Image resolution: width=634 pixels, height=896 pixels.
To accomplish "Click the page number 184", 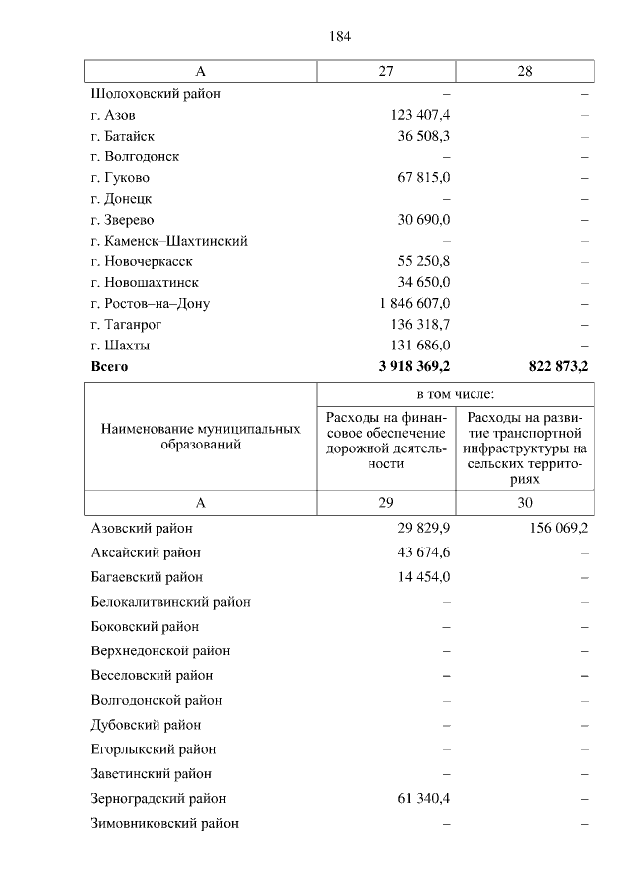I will [x=340, y=37].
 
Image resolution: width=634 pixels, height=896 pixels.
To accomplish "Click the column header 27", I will [x=386, y=72].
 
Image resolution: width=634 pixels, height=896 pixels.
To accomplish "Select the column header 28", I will [x=525, y=72].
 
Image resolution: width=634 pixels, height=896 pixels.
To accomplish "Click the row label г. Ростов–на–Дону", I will [x=150, y=304].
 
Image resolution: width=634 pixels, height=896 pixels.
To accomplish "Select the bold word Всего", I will [x=109, y=366].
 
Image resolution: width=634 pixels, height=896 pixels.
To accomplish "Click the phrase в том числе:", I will [x=456, y=393].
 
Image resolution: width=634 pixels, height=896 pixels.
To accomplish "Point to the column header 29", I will [x=386, y=503].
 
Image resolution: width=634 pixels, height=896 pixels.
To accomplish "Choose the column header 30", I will [x=525, y=503].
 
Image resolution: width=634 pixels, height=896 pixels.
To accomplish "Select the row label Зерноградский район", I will [x=158, y=798].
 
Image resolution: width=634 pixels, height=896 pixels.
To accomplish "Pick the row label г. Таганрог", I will [x=126, y=325].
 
